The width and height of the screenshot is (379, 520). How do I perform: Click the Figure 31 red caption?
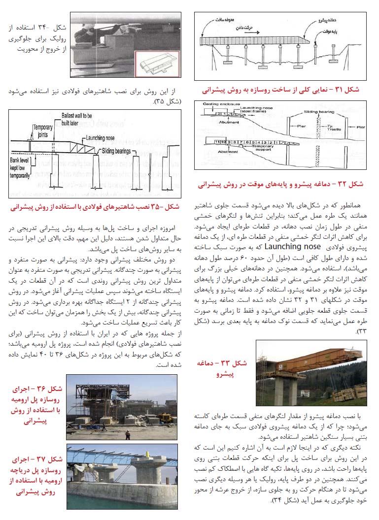281,90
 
